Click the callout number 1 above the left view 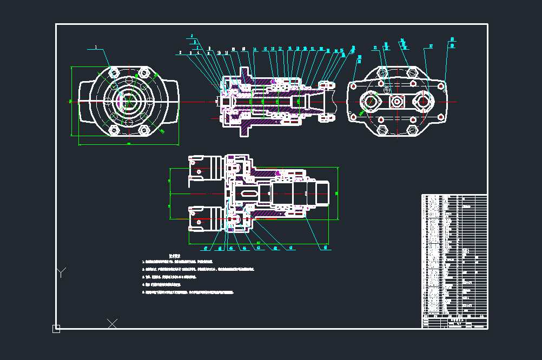[x=96, y=48]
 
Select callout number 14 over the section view [x=255, y=49]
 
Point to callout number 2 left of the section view [x=181, y=53]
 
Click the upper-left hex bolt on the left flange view [x=114, y=72]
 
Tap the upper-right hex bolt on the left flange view [x=143, y=72]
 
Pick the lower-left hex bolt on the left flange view [x=114, y=130]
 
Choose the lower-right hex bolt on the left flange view [x=143, y=130]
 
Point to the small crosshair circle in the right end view [x=387, y=90]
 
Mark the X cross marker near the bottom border [x=112, y=323]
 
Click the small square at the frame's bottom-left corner [x=56, y=328]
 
